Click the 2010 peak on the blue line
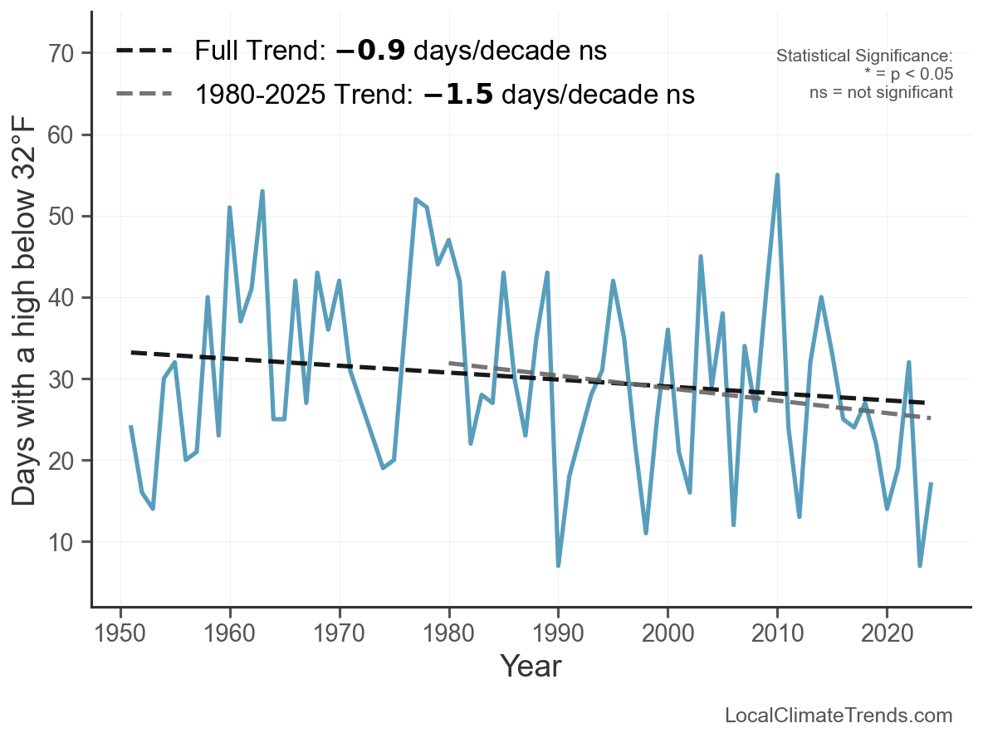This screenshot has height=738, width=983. pyautogui.click(x=777, y=175)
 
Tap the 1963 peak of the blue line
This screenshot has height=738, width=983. pyautogui.click(x=262, y=191)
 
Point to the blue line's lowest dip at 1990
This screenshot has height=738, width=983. pyautogui.click(x=559, y=565)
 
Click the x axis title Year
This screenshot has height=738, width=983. pyautogui.click(x=531, y=667)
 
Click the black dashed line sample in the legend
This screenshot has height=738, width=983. pyautogui.click(x=144, y=51)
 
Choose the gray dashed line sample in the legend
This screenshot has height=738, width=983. pyautogui.click(x=144, y=94)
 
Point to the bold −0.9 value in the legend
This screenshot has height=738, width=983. pyautogui.click(x=370, y=51)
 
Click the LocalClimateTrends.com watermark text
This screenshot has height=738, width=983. pyautogui.click(x=839, y=716)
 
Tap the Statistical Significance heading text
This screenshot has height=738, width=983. pyautogui.click(x=864, y=56)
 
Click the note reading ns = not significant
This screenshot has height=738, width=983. pyautogui.click(x=881, y=92)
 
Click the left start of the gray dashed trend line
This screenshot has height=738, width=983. pyautogui.click(x=449, y=363)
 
